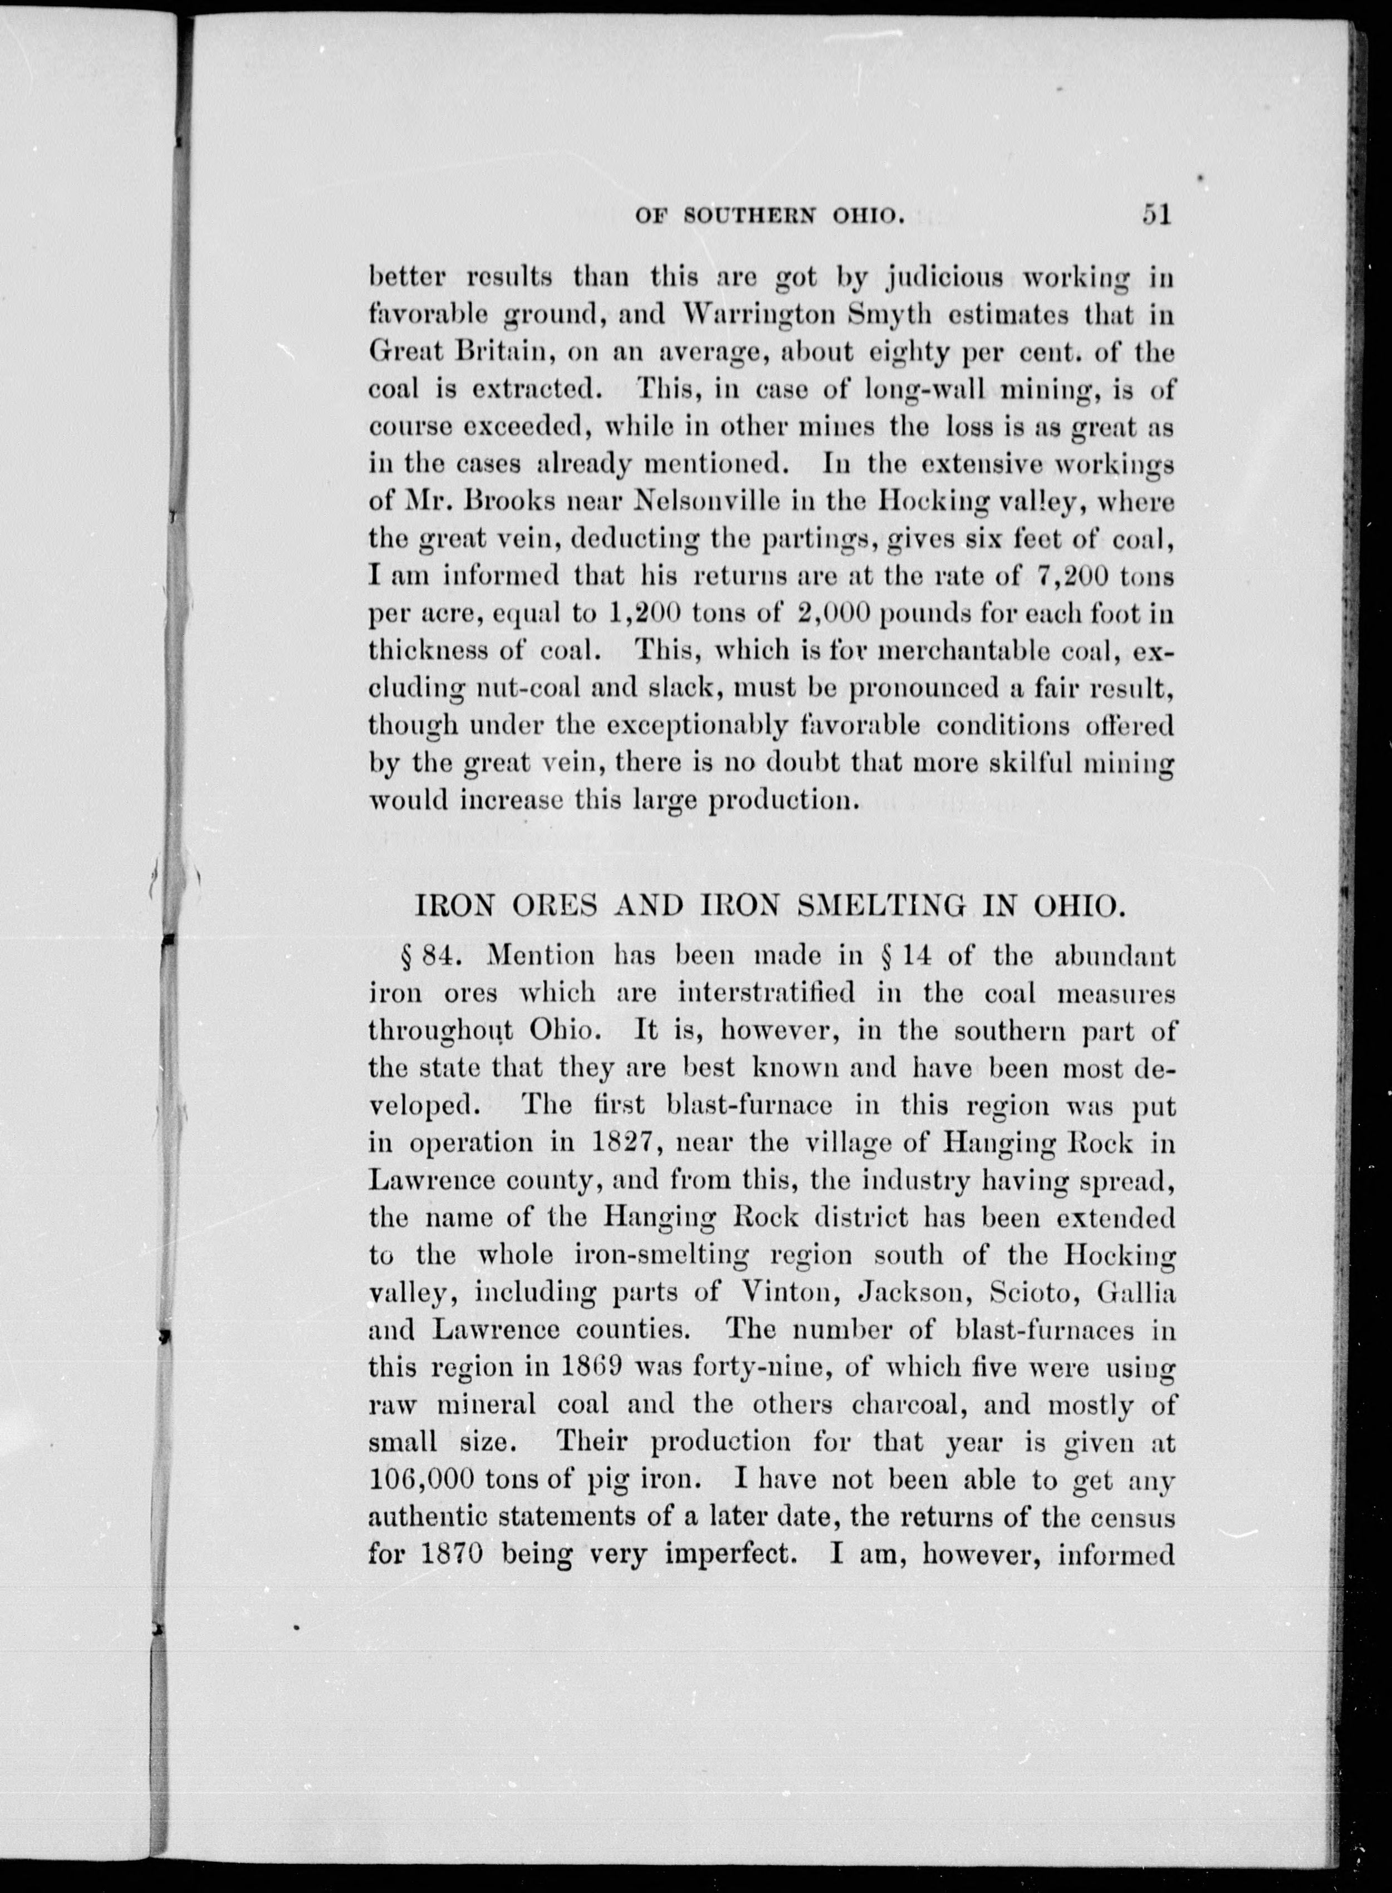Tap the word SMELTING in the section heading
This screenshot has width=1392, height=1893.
[882, 906]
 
